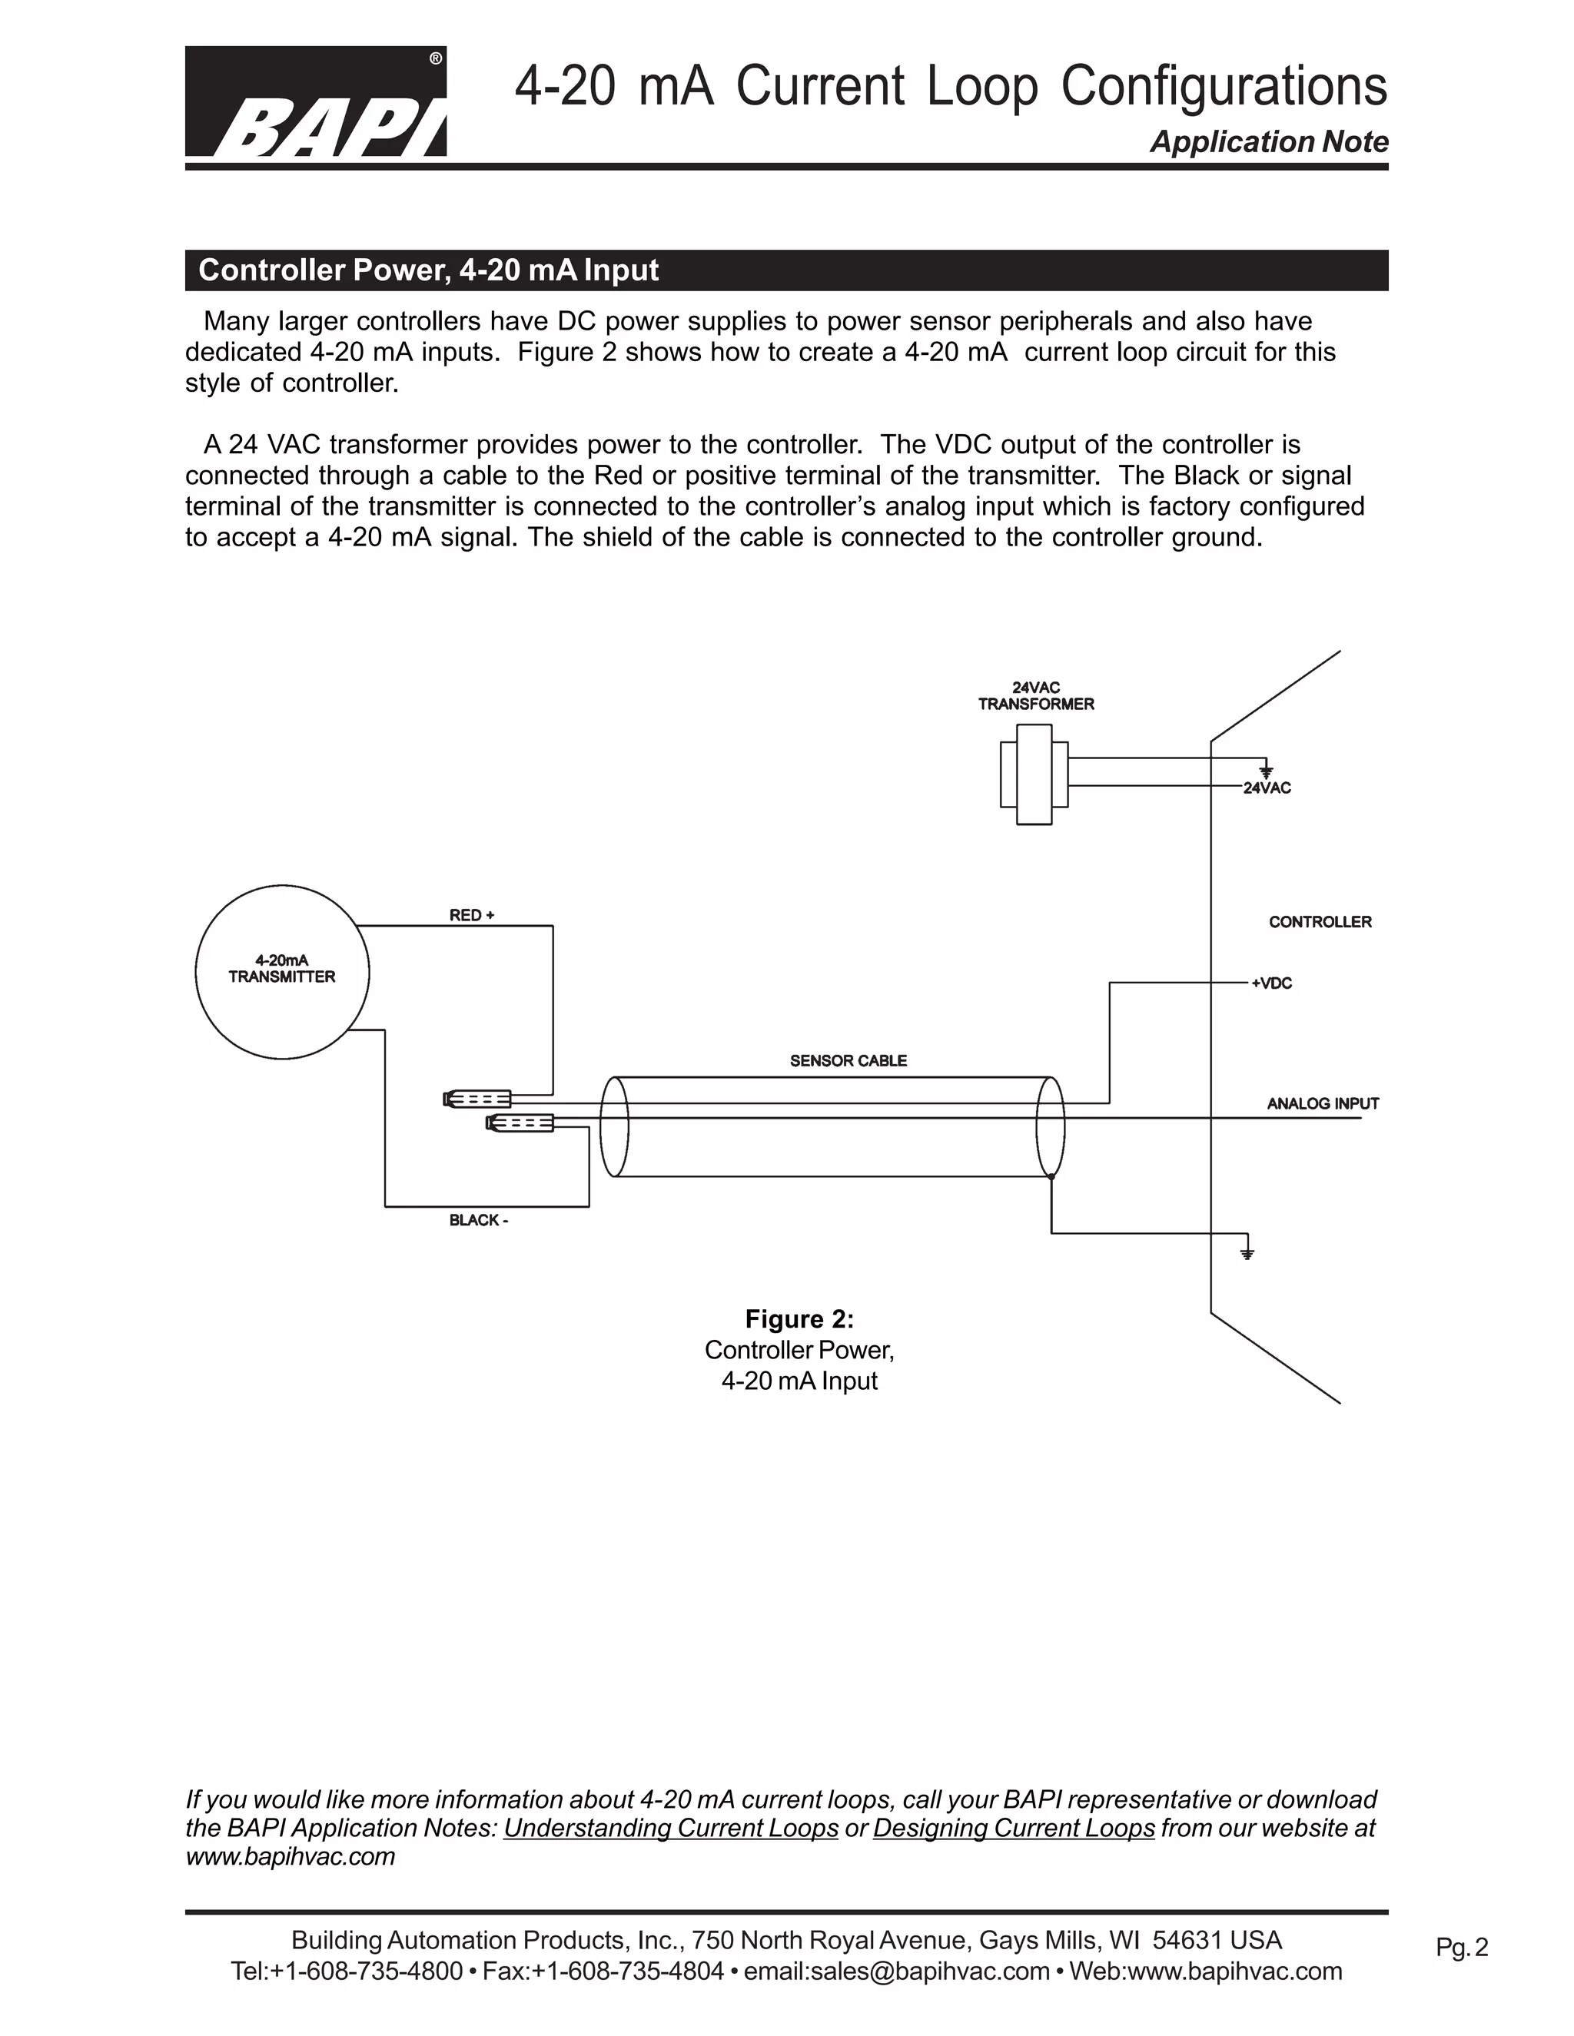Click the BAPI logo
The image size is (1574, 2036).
coord(315,101)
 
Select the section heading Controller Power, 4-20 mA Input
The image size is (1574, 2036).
coord(428,270)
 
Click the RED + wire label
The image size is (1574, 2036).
coord(472,916)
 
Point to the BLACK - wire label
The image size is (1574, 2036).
coord(478,1220)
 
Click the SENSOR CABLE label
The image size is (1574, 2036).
coord(848,1061)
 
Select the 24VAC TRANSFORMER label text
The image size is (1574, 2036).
coord(1036,696)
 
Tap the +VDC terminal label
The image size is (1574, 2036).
coord(1271,983)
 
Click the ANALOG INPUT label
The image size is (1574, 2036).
coord(1322,1104)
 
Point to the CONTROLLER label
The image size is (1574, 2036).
coord(1320,922)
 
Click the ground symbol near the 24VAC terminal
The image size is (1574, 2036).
coord(1265,770)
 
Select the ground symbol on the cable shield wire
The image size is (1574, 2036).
coord(1247,1252)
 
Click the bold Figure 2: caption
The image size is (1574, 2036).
coord(799,1319)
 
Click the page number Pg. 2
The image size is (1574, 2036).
coord(1461,1948)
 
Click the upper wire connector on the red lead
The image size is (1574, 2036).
coord(477,1099)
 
